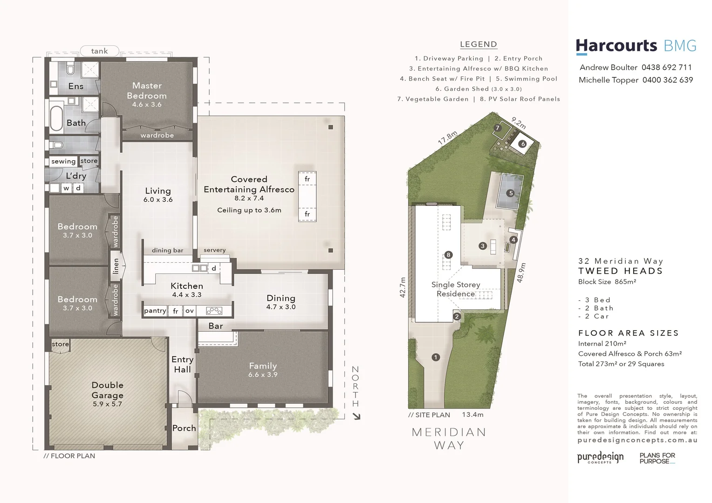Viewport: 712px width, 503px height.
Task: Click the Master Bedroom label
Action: [147, 90]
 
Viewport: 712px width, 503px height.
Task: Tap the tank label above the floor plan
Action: [99, 51]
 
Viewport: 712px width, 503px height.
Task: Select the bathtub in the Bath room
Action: [56, 119]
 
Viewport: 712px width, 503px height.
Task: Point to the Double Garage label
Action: [108, 390]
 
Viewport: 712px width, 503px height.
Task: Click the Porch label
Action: [184, 428]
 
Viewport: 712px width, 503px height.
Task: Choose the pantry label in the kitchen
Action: [155, 311]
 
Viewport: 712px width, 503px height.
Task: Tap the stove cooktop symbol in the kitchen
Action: [214, 311]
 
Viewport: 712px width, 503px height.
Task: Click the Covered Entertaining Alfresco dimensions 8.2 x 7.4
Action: [249, 198]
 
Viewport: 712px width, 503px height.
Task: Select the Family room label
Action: [263, 366]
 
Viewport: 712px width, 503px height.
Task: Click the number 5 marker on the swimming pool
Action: [511, 193]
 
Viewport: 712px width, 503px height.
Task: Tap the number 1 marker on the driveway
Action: [436, 357]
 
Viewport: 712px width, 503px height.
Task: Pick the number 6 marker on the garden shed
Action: [523, 144]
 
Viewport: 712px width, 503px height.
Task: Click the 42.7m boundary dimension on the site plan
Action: [403, 287]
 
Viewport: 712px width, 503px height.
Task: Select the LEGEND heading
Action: [479, 44]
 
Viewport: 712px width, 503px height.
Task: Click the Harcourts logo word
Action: [616, 46]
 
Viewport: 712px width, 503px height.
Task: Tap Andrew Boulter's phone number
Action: [667, 68]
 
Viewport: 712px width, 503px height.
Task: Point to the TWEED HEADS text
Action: [620, 271]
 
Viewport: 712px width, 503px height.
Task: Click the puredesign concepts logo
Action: [600, 457]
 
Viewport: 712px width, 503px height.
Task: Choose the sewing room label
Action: [63, 161]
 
